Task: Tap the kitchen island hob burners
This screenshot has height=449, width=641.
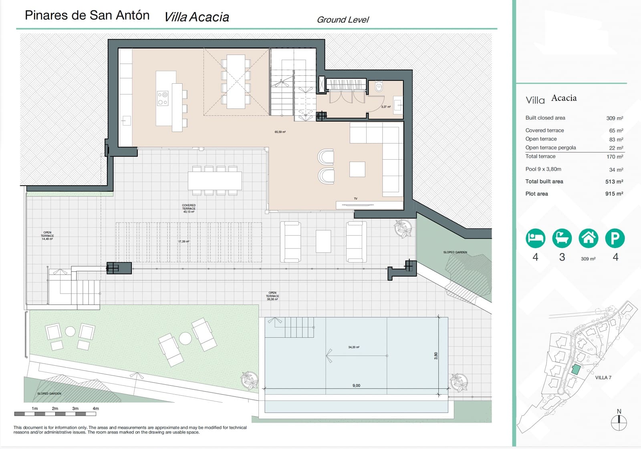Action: (163, 98)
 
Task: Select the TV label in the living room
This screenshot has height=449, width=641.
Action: (355, 198)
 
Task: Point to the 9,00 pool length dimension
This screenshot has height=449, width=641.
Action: (356, 386)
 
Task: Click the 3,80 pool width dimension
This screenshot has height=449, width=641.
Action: (436, 355)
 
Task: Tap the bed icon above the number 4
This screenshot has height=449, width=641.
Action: (535, 239)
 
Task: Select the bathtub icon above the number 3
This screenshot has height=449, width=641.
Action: (562, 239)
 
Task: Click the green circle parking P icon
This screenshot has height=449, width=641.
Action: (615, 239)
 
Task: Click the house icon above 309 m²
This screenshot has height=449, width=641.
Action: (588, 239)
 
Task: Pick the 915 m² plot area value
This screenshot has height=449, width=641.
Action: (614, 194)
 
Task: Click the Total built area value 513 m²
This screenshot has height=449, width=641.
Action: (614, 182)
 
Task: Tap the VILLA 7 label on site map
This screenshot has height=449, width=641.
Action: (603, 378)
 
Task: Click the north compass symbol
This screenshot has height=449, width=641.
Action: (619, 421)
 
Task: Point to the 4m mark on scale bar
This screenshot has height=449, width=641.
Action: (96, 409)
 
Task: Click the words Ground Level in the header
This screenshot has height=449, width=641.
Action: (343, 20)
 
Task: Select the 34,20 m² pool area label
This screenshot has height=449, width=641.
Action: (354, 347)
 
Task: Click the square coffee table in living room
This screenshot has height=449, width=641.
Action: (357, 169)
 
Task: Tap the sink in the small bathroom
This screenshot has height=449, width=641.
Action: (397, 105)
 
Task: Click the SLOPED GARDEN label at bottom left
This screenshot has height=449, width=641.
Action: (49, 394)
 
